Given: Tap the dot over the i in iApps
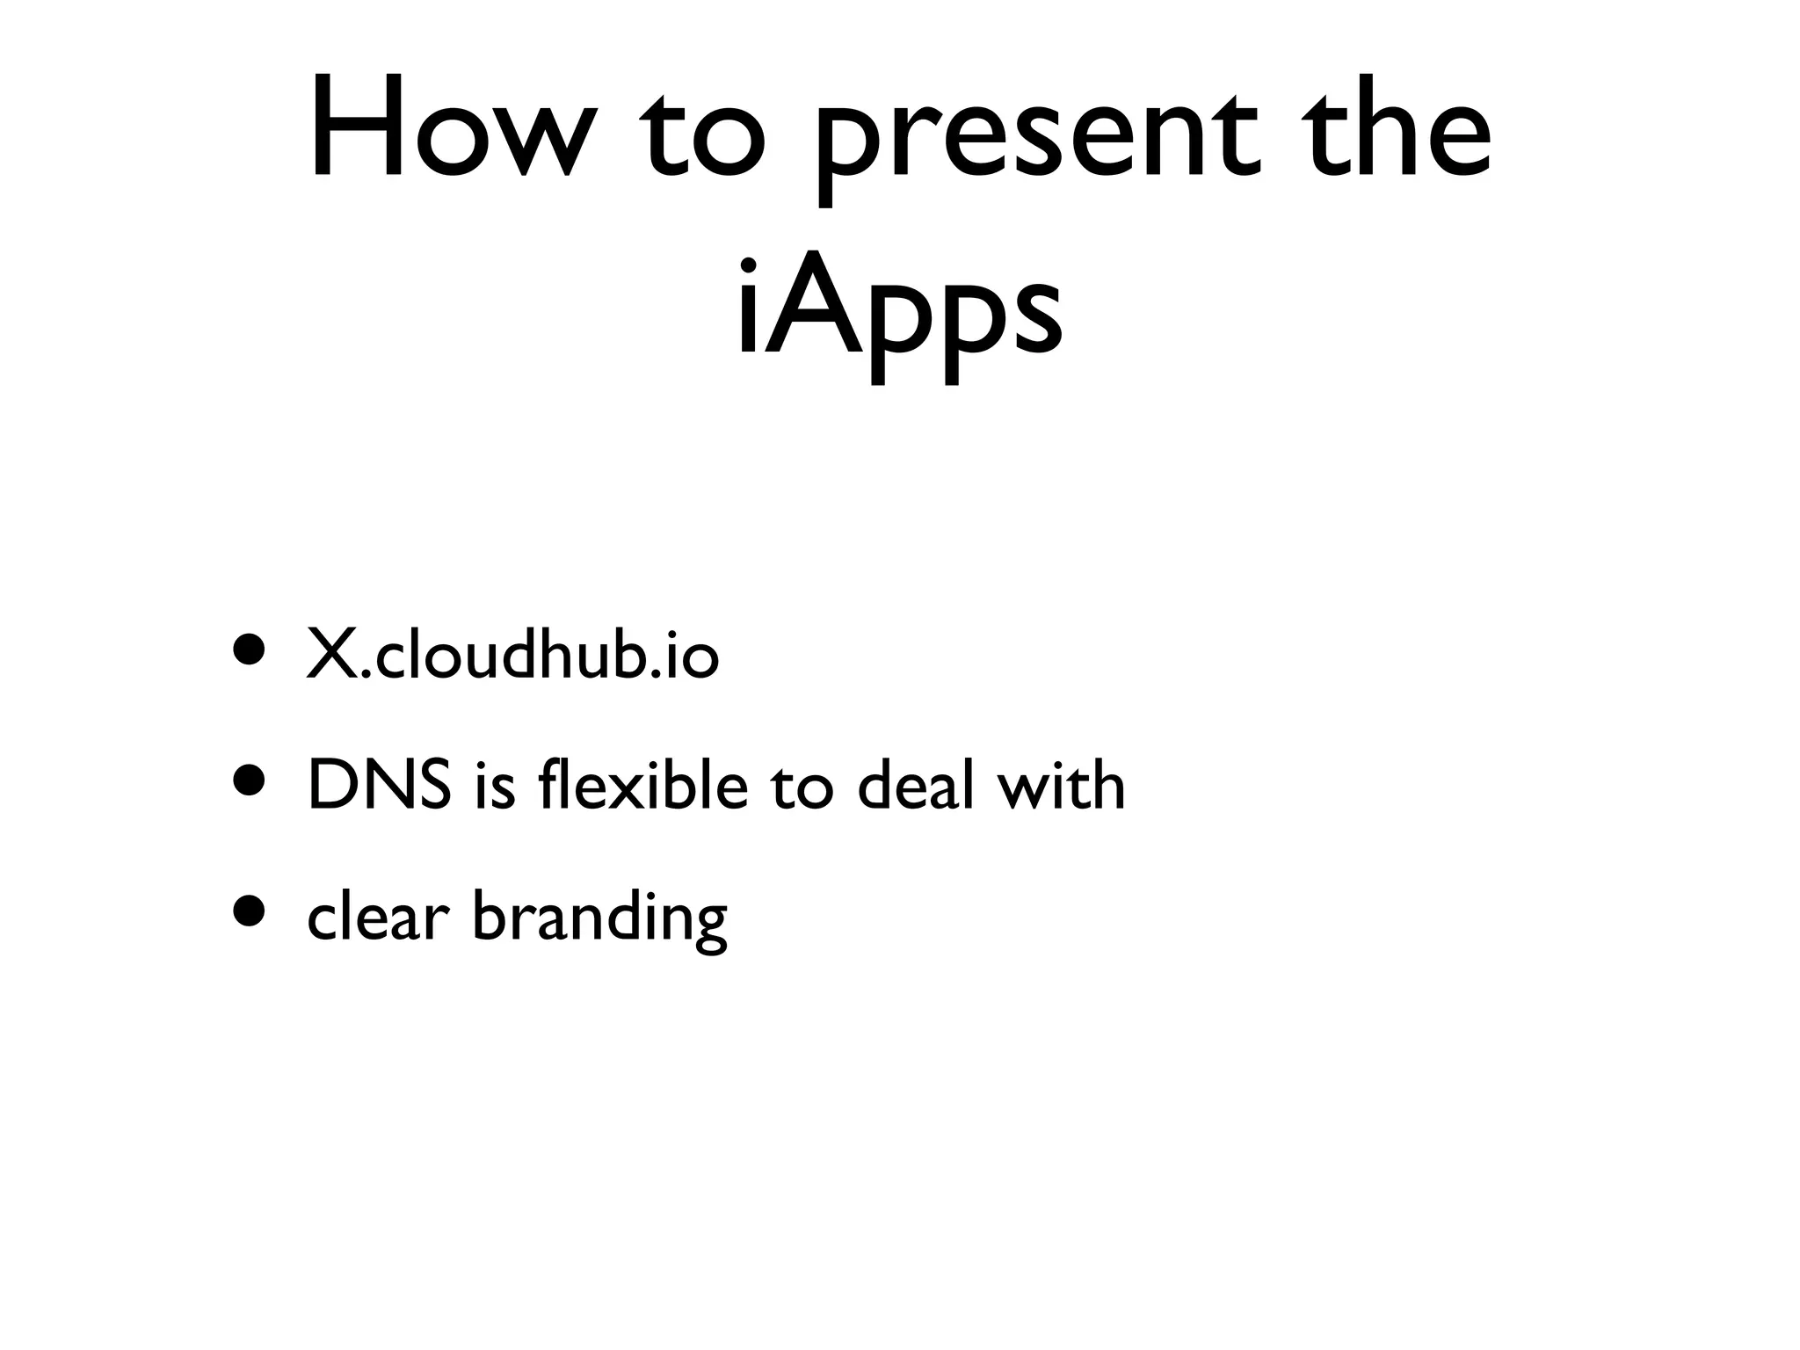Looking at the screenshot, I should (x=749, y=265).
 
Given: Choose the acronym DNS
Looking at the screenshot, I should (x=380, y=785).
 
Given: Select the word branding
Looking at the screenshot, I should (x=600, y=919).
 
